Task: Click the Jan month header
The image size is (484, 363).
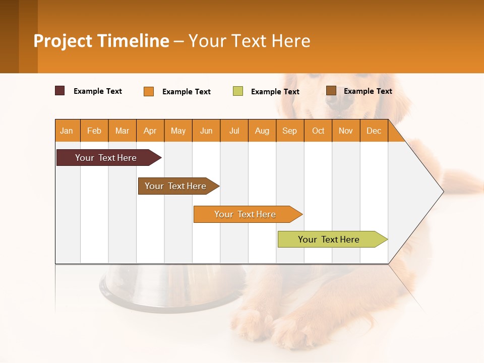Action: (x=67, y=131)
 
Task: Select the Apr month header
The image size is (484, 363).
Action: (x=150, y=131)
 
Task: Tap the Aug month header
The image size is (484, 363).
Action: (x=262, y=131)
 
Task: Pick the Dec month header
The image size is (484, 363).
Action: (x=374, y=131)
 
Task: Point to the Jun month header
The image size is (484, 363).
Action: (x=206, y=131)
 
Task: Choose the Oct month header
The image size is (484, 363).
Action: (x=318, y=131)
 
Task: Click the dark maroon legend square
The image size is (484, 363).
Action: (x=59, y=91)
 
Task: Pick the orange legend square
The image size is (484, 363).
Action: (x=149, y=91)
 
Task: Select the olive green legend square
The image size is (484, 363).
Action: (x=238, y=91)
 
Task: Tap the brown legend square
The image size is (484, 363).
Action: (x=331, y=91)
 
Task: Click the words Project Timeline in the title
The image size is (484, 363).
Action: (x=101, y=41)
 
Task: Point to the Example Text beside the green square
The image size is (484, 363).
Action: (x=275, y=92)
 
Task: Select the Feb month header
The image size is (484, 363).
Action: (x=94, y=131)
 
